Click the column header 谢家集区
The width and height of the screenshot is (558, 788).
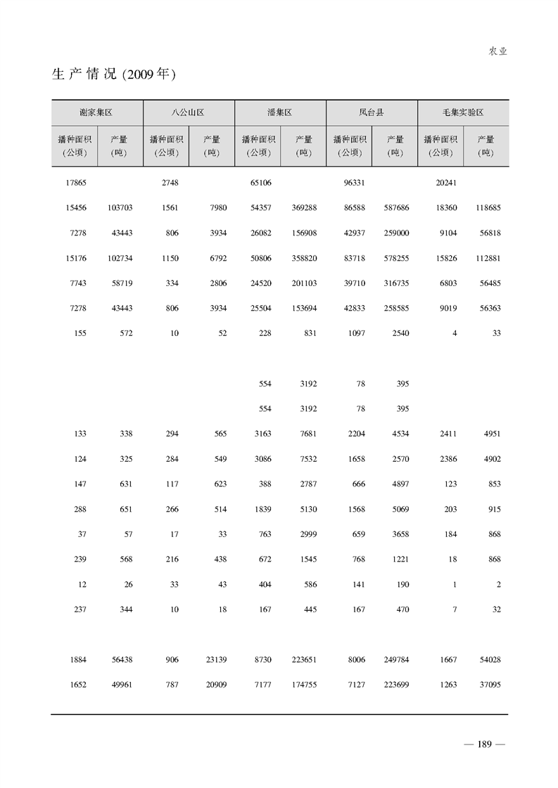(96, 112)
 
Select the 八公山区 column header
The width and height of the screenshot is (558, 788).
(188, 112)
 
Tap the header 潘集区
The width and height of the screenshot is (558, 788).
(279, 112)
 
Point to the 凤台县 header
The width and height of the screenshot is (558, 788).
(371, 112)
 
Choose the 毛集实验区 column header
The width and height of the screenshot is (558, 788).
(462, 112)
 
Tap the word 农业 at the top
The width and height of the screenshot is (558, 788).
(497, 51)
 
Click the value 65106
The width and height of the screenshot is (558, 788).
(260, 183)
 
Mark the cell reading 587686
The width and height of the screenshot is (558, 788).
(397, 208)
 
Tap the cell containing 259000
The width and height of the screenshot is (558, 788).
(397, 233)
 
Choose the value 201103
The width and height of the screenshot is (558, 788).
(304, 283)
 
